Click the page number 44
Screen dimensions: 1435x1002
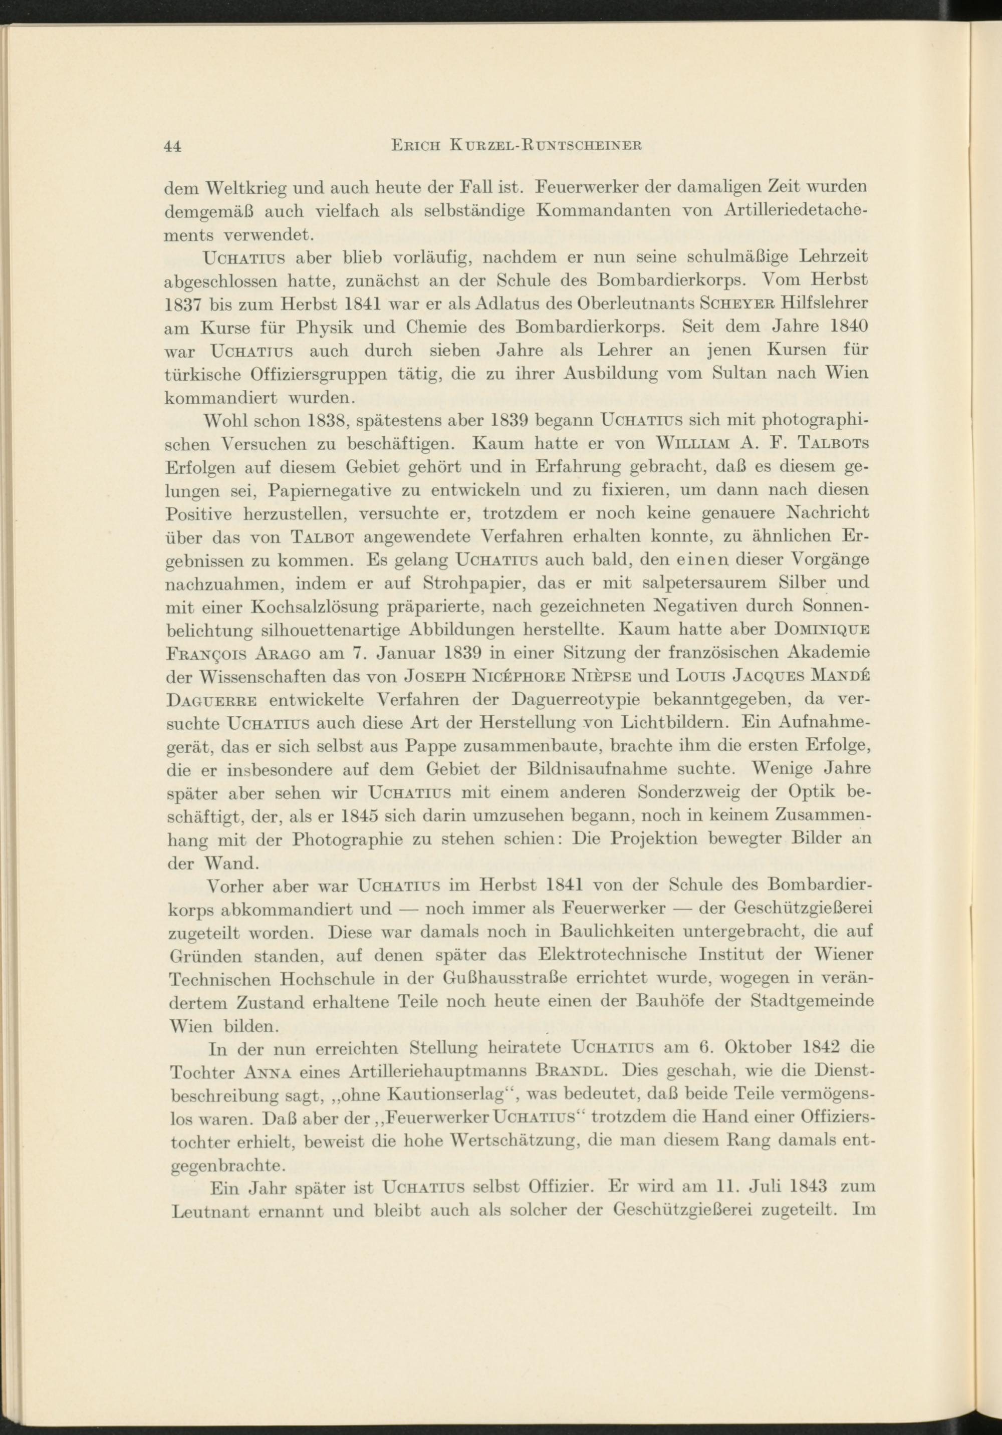[x=172, y=146]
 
